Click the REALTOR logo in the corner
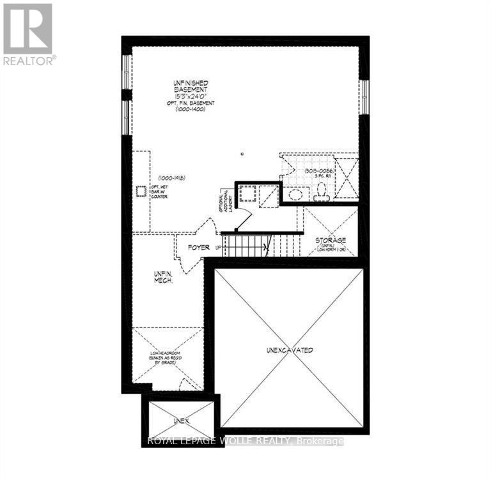[x=29, y=34]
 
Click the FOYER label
[x=199, y=247]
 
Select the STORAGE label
[x=331, y=240]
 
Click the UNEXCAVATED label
[x=289, y=350]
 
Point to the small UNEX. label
[x=180, y=421]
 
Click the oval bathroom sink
[x=295, y=194]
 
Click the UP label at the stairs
[x=218, y=247]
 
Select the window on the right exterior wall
[x=364, y=97]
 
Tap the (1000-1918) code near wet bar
[x=171, y=177]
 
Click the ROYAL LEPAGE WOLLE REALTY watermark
[x=245, y=441]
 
